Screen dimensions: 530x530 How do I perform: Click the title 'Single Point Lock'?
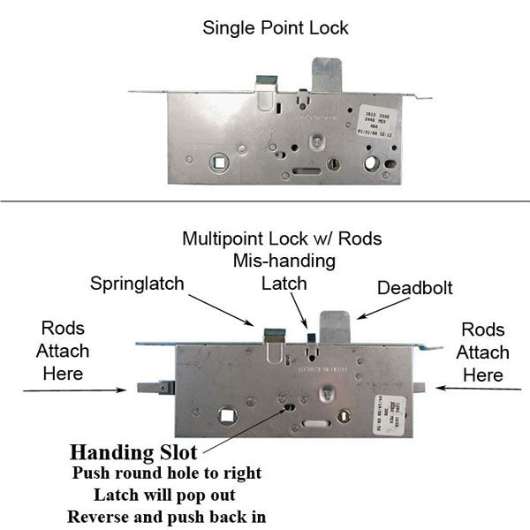[276, 27]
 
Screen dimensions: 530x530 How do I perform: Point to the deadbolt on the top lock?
[326, 74]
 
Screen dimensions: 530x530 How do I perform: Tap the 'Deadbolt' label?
[414, 289]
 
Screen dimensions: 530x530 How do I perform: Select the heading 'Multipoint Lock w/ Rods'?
[282, 238]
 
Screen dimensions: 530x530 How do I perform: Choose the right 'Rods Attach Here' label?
[483, 352]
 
